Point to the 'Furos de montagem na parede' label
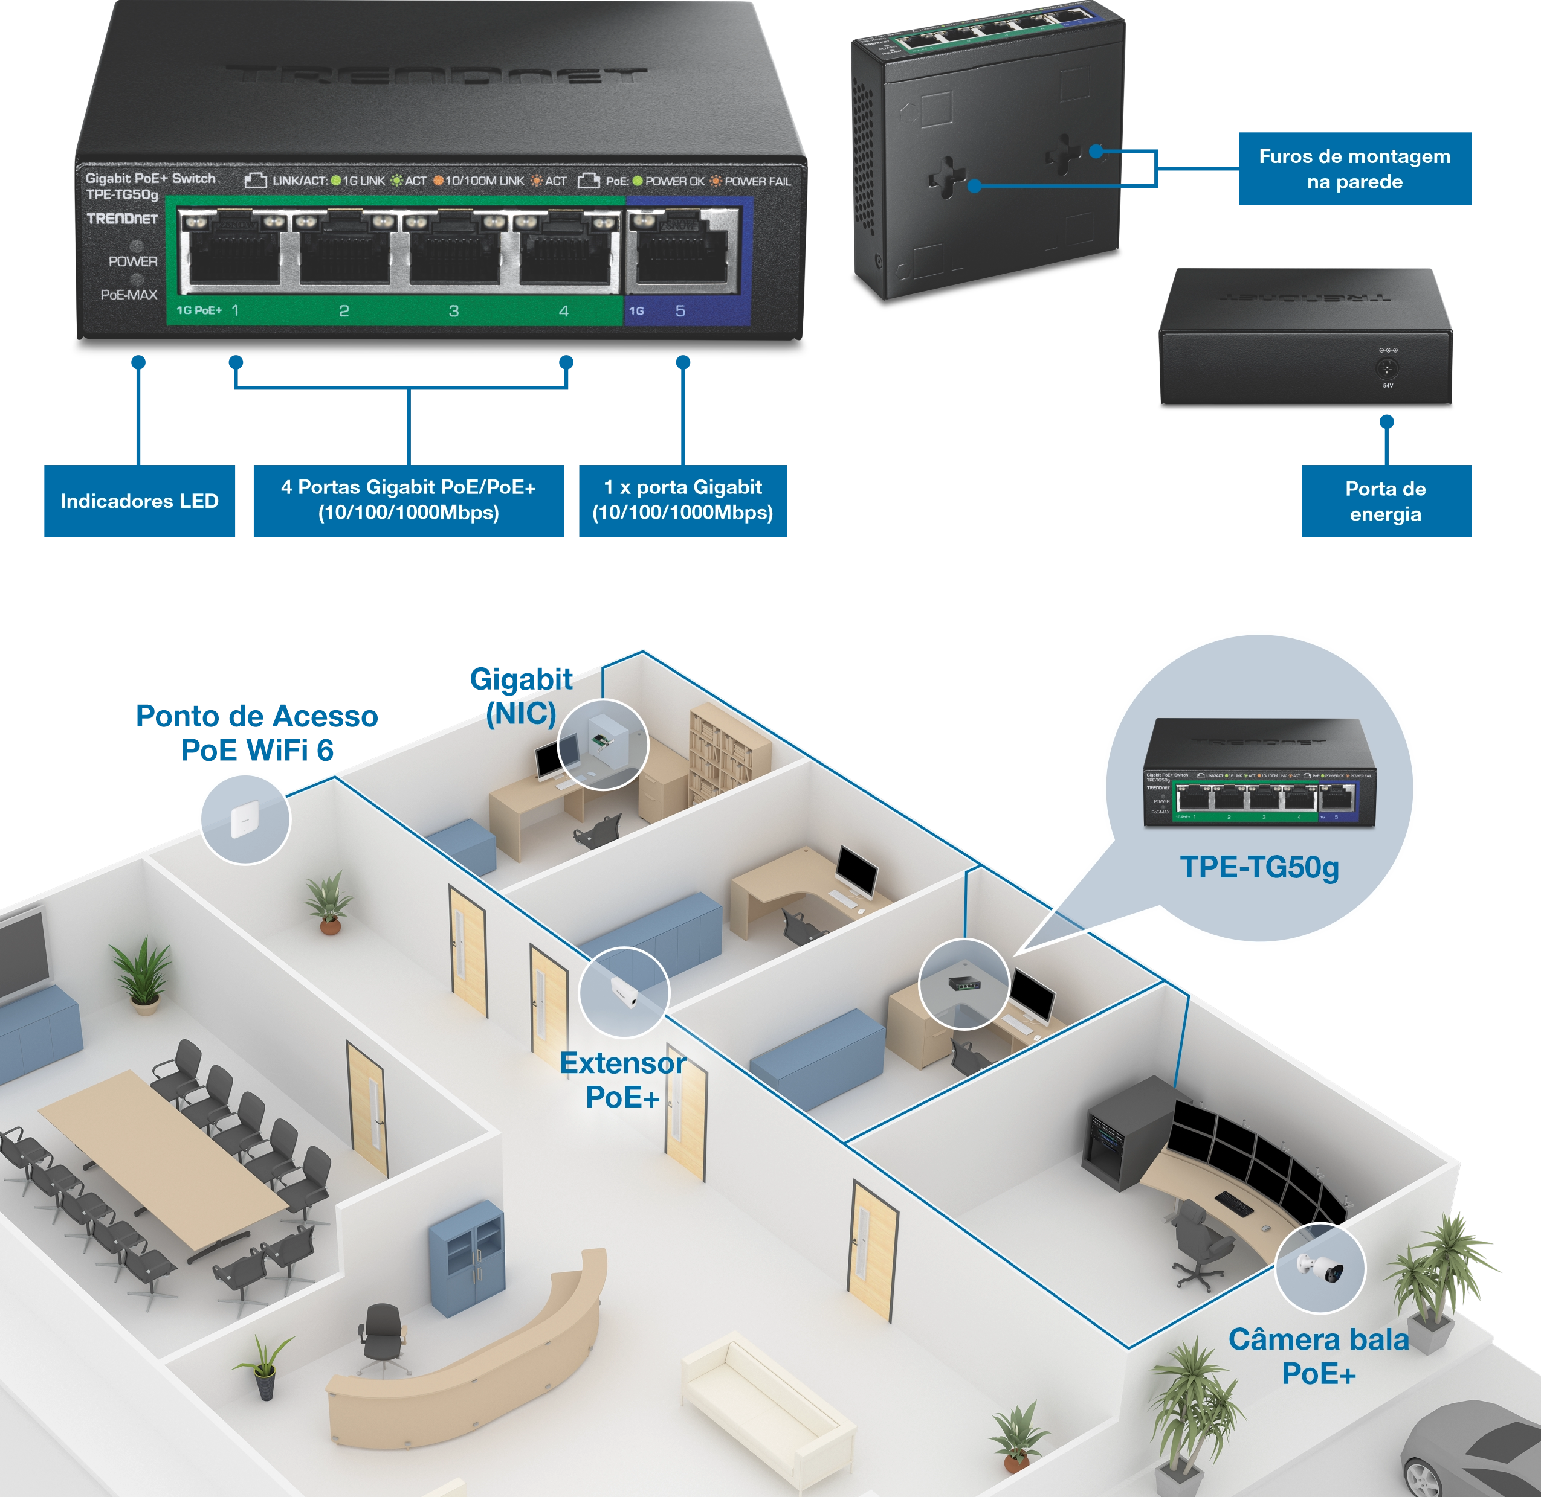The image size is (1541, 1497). click(x=1355, y=169)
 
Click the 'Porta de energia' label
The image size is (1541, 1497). click(x=1385, y=502)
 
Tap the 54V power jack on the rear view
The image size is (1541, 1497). click(x=1387, y=368)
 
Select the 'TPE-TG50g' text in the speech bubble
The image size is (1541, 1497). click(x=1259, y=867)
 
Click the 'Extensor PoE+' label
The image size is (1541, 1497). click(x=622, y=1080)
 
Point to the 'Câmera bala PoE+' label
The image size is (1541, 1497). click(x=1319, y=1357)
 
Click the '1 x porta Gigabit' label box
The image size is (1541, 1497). click(x=682, y=500)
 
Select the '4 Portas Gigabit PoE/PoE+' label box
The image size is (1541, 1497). click(x=409, y=500)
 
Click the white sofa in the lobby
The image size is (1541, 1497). click(x=767, y=1408)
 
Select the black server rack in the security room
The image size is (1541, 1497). click(x=1121, y=1132)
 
